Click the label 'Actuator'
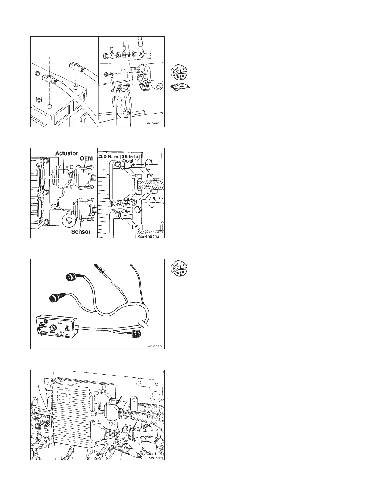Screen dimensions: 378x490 [66, 153]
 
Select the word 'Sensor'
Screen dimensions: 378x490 [81, 231]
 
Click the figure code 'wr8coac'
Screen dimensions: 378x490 [155, 346]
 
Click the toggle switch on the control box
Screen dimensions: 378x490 [40, 325]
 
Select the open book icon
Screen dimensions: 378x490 [180, 87]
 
